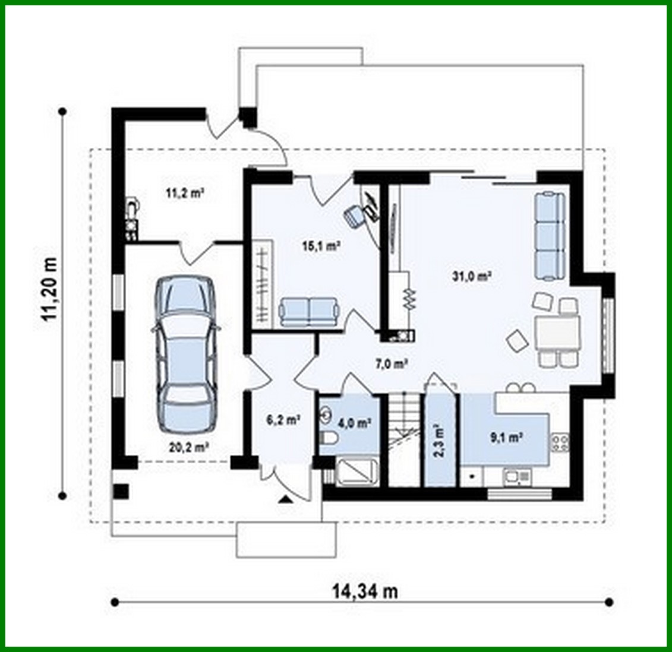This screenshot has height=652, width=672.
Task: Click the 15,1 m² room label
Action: (x=321, y=246)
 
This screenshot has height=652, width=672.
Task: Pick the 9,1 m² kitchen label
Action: (x=506, y=438)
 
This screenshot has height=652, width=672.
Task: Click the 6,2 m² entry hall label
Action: (x=282, y=420)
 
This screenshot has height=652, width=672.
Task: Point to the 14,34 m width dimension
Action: (x=364, y=591)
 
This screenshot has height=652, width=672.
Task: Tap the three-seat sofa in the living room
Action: (x=549, y=235)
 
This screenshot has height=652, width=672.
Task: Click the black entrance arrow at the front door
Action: (x=286, y=499)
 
